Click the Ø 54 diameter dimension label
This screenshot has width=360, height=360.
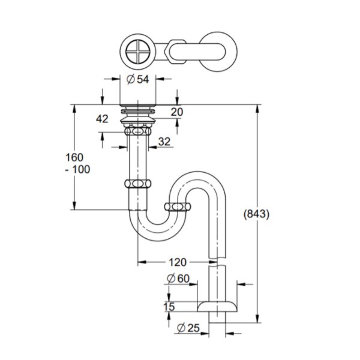click(x=138, y=79)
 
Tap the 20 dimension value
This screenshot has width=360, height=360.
click(x=177, y=112)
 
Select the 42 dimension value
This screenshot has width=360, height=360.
click(x=102, y=119)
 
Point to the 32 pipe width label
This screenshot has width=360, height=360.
click(x=164, y=142)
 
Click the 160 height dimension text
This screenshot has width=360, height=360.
click(x=74, y=157)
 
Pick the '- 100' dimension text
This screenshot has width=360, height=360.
click(x=77, y=169)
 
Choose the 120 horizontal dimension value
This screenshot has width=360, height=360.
click(x=178, y=262)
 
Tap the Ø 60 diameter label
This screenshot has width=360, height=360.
click(x=178, y=278)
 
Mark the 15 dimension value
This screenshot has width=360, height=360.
click(x=169, y=307)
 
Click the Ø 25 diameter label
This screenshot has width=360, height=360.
click(x=188, y=328)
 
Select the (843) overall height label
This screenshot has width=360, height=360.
click(x=256, y=214)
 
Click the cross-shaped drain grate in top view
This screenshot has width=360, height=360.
click(x=137, y=51)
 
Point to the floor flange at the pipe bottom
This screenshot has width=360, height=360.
click(x=217, y=307)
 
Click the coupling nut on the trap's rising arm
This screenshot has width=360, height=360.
click(x=178, y=206)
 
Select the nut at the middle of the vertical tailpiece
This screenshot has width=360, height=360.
click(x=138, y=184)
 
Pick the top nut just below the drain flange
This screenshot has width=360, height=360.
click(x=138, y=131)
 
